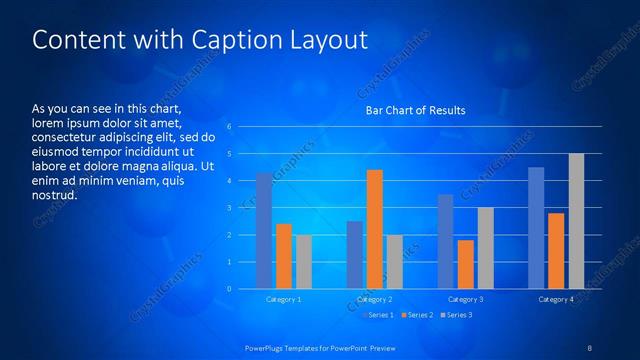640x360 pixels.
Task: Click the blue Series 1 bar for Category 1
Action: coord(264,231)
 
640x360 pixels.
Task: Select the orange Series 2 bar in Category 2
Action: coord(375,229)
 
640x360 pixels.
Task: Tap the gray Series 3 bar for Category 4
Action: coord(576,221)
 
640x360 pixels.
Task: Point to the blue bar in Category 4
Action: coord(536,228)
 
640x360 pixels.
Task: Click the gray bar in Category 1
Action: coord(303,262)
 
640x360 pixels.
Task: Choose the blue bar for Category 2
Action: coord(355,255)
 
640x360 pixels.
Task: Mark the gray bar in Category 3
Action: coord(485,248)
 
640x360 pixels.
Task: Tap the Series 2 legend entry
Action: coord(417,315)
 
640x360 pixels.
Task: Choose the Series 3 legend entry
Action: coord(456,315)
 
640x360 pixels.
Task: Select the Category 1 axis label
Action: coord(284,299)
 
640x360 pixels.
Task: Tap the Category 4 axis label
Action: coord(556,299)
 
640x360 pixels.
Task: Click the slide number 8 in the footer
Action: coord(590,347)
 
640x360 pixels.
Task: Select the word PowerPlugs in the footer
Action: coord(268,347)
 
